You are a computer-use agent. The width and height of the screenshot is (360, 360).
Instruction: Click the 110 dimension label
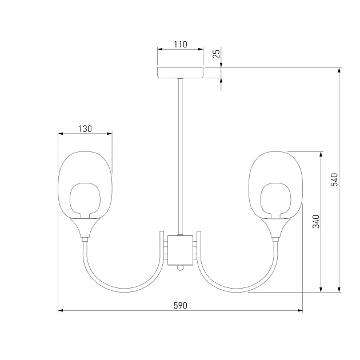(x=180, y=44)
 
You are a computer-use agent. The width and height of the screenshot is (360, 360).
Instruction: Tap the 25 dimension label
(x=216, y=54)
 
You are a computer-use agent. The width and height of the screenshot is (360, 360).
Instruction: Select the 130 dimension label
(x=85, y=129)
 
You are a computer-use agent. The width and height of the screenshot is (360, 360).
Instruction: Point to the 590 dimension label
(x=180, y=305)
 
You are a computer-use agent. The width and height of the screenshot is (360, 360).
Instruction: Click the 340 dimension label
(x=316, y=221)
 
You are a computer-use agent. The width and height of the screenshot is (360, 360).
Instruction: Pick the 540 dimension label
(x=334, y=179)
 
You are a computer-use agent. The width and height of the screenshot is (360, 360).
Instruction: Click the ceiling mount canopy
(x=180, y=73)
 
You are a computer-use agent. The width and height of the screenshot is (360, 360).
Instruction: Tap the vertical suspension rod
(x=181, y=157)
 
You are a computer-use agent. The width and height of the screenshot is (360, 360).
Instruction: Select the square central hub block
(x=180, y=250)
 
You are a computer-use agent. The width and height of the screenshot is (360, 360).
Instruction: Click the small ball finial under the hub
(x=181, y=267)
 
